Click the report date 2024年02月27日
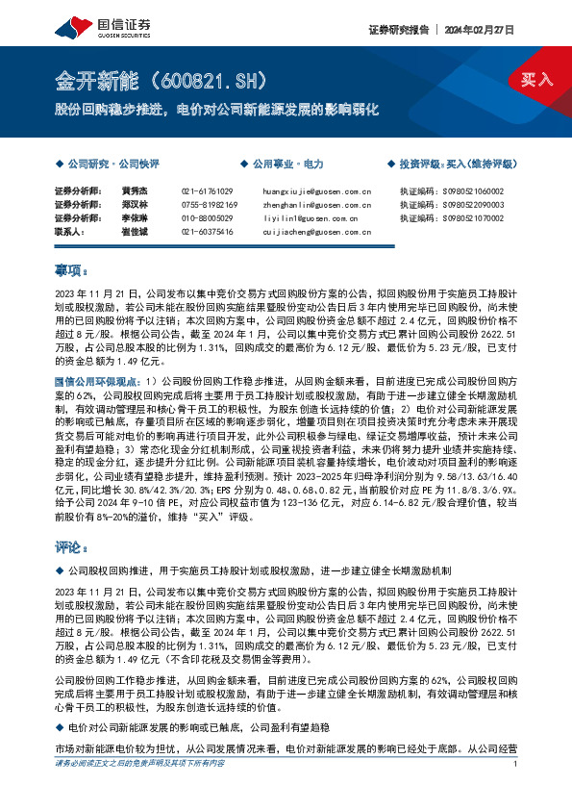click(x=482, y=30)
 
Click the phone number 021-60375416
click(x=207, y=232)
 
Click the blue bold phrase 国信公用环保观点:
click(x=100, y=382)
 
